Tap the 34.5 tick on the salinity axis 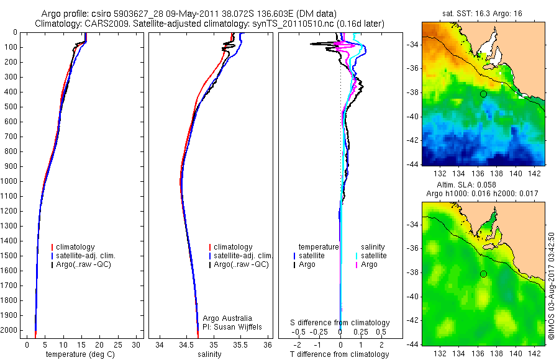point(186,344)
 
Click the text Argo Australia point(228,318)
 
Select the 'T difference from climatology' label point(340,354)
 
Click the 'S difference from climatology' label point(340,323)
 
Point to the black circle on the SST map point(483,94)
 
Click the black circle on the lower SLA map point(483,274)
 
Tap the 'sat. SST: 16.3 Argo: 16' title point(483,12)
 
